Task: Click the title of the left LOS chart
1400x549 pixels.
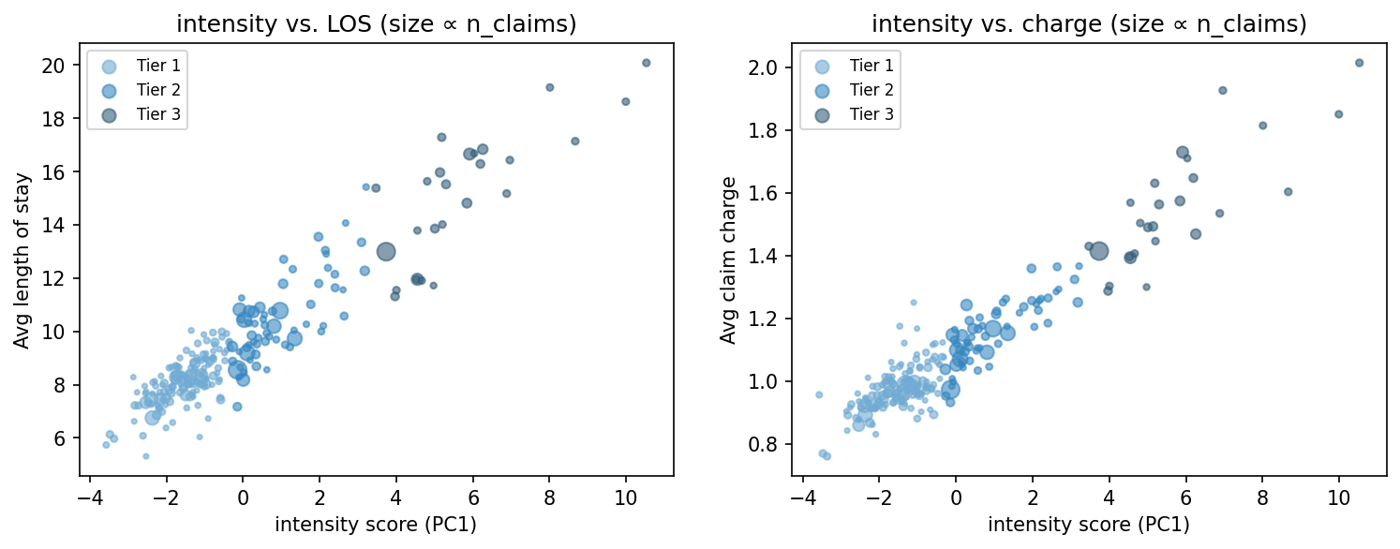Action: tap(376, 24)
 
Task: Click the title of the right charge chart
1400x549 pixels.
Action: tap(1089, 24)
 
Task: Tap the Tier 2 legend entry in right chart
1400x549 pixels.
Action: tap(852, 90)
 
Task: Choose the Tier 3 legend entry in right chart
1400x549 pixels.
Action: tap(852, 115)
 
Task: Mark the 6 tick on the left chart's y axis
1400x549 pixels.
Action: tap(66, 438)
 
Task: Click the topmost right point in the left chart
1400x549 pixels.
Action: tap(646, 63)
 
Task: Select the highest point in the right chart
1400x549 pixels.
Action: tap(1359, 63)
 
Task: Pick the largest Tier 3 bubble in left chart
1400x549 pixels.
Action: tap(386, 251)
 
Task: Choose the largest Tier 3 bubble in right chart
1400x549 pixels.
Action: tap(1099, 251)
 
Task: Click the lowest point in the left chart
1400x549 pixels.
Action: tap(145, 456)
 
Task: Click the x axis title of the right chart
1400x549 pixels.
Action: tap(1089, 525)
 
